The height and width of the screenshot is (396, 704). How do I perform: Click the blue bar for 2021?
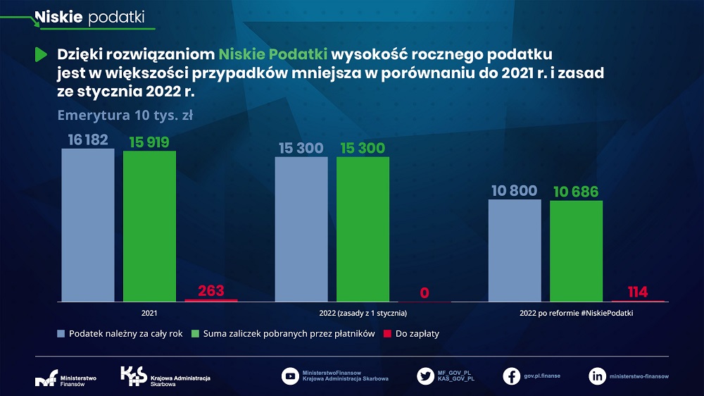(x=87, y=225)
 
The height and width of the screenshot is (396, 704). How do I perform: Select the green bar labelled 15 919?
(x=149, y=226)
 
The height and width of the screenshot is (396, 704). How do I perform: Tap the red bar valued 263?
(x=210, y=300)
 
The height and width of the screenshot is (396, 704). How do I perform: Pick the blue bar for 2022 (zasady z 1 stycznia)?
(x=301, y=229)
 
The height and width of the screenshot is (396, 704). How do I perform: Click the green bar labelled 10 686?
(x=576, y=251)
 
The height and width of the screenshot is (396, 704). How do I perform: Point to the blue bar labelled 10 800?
(x=515, y=250)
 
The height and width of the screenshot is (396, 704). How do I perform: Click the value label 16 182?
(x=88, y=140)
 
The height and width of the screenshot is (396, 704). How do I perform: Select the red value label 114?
(x=637, y=292)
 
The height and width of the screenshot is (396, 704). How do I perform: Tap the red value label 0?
(x=424, y=292)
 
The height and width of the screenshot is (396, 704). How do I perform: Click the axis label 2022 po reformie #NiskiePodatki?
(x=576, y=312)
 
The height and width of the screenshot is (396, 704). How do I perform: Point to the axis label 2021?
(x=149, y=312)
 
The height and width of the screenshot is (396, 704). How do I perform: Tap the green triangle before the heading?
(x=41, y=54)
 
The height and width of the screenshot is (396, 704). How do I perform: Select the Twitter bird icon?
(x=425, y=376)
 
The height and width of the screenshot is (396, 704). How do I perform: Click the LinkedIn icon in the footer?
(x=597, y=376)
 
